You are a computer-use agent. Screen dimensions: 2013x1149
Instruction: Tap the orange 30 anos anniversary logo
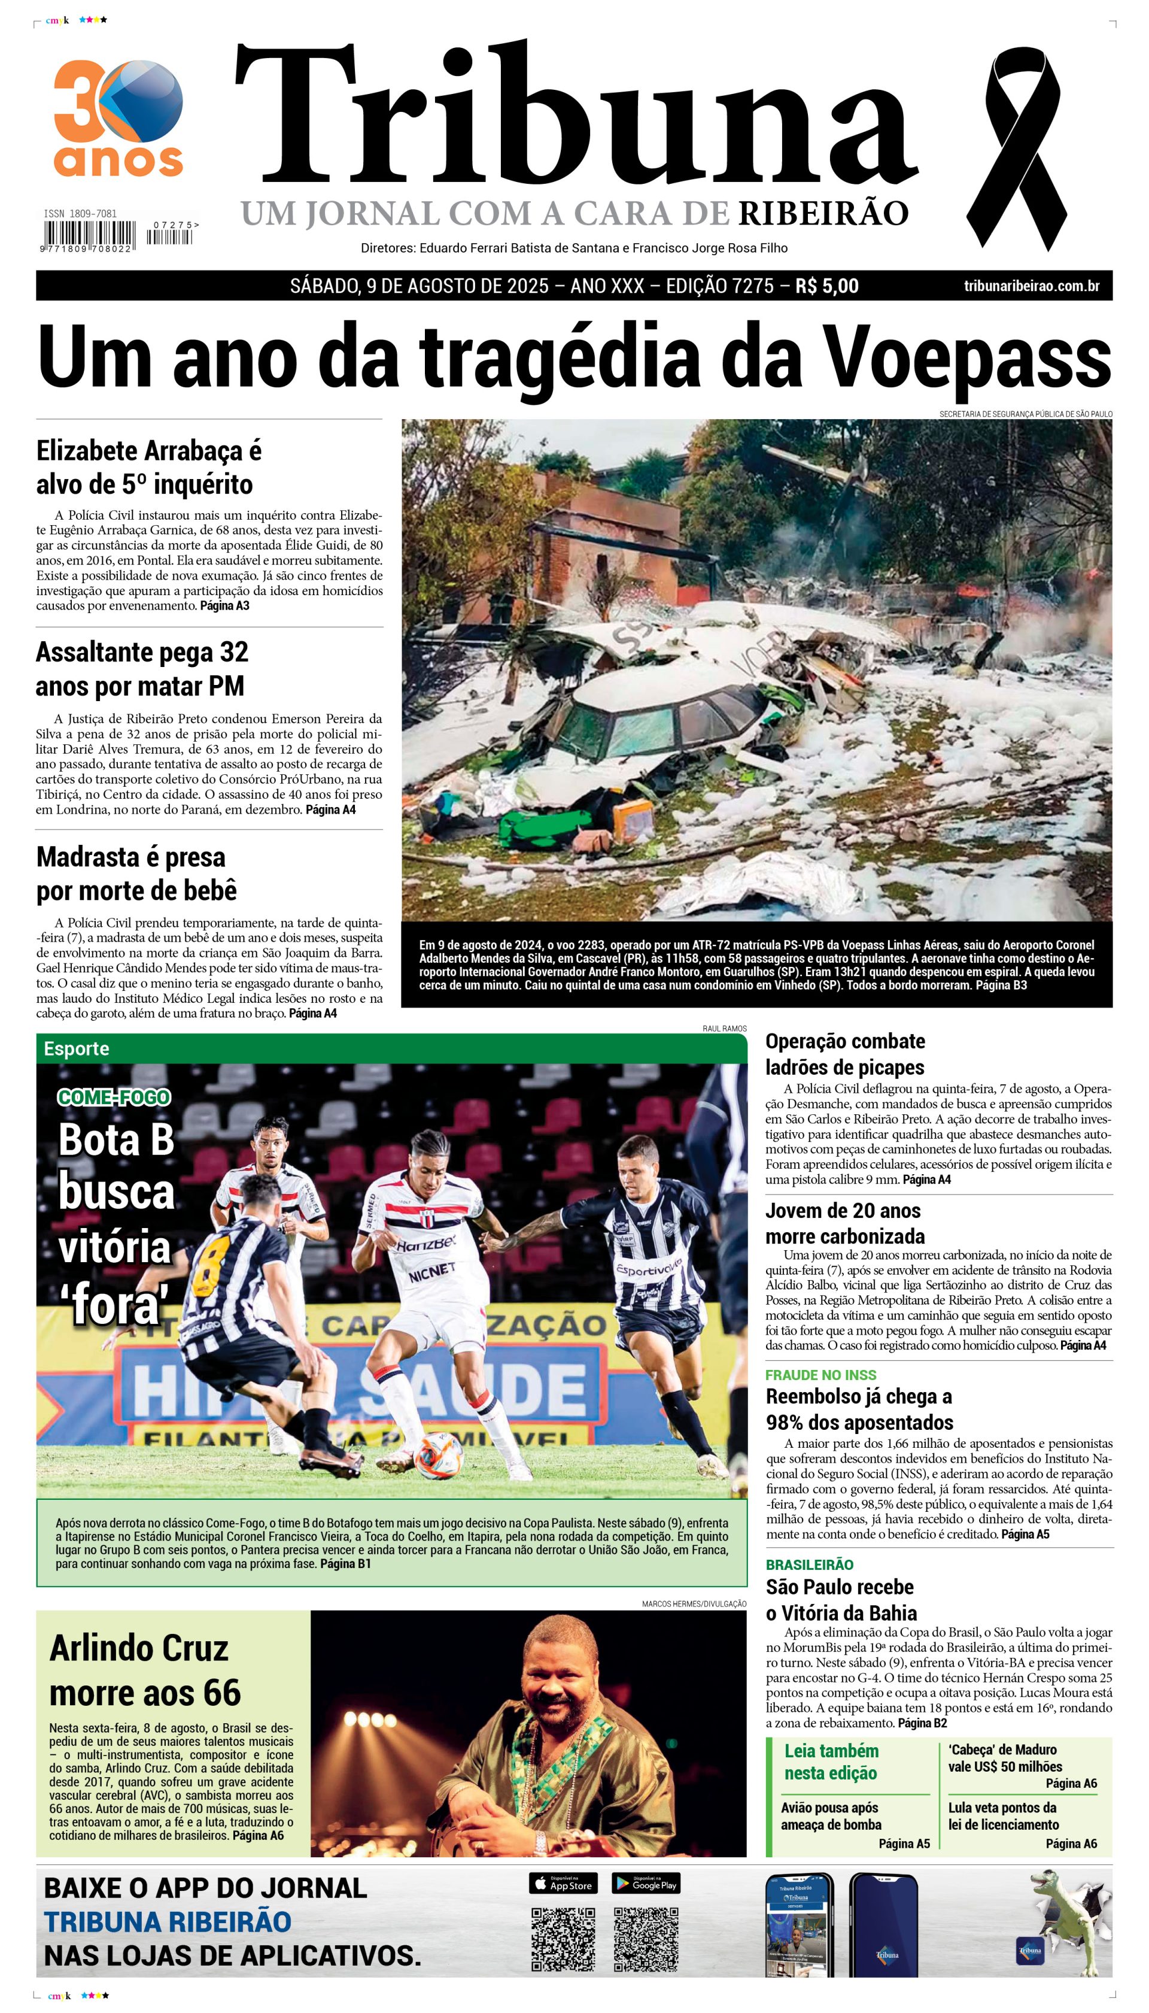coord(118,119)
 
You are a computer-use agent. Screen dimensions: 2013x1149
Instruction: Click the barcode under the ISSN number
coord(89,235)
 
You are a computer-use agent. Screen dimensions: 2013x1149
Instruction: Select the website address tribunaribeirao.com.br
coord(1032,286)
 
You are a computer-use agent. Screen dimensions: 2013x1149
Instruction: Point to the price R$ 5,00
coord(826,286)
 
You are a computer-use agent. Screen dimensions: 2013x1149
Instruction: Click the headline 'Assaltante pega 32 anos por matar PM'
coord(142,669)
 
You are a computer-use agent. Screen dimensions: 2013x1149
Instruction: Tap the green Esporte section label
coord(77,1048)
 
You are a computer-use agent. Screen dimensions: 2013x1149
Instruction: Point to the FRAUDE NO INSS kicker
coord(820,1374)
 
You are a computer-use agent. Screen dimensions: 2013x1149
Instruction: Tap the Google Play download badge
coord(646,1884)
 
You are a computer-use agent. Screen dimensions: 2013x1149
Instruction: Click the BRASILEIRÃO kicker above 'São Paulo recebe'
coord(809,1565)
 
